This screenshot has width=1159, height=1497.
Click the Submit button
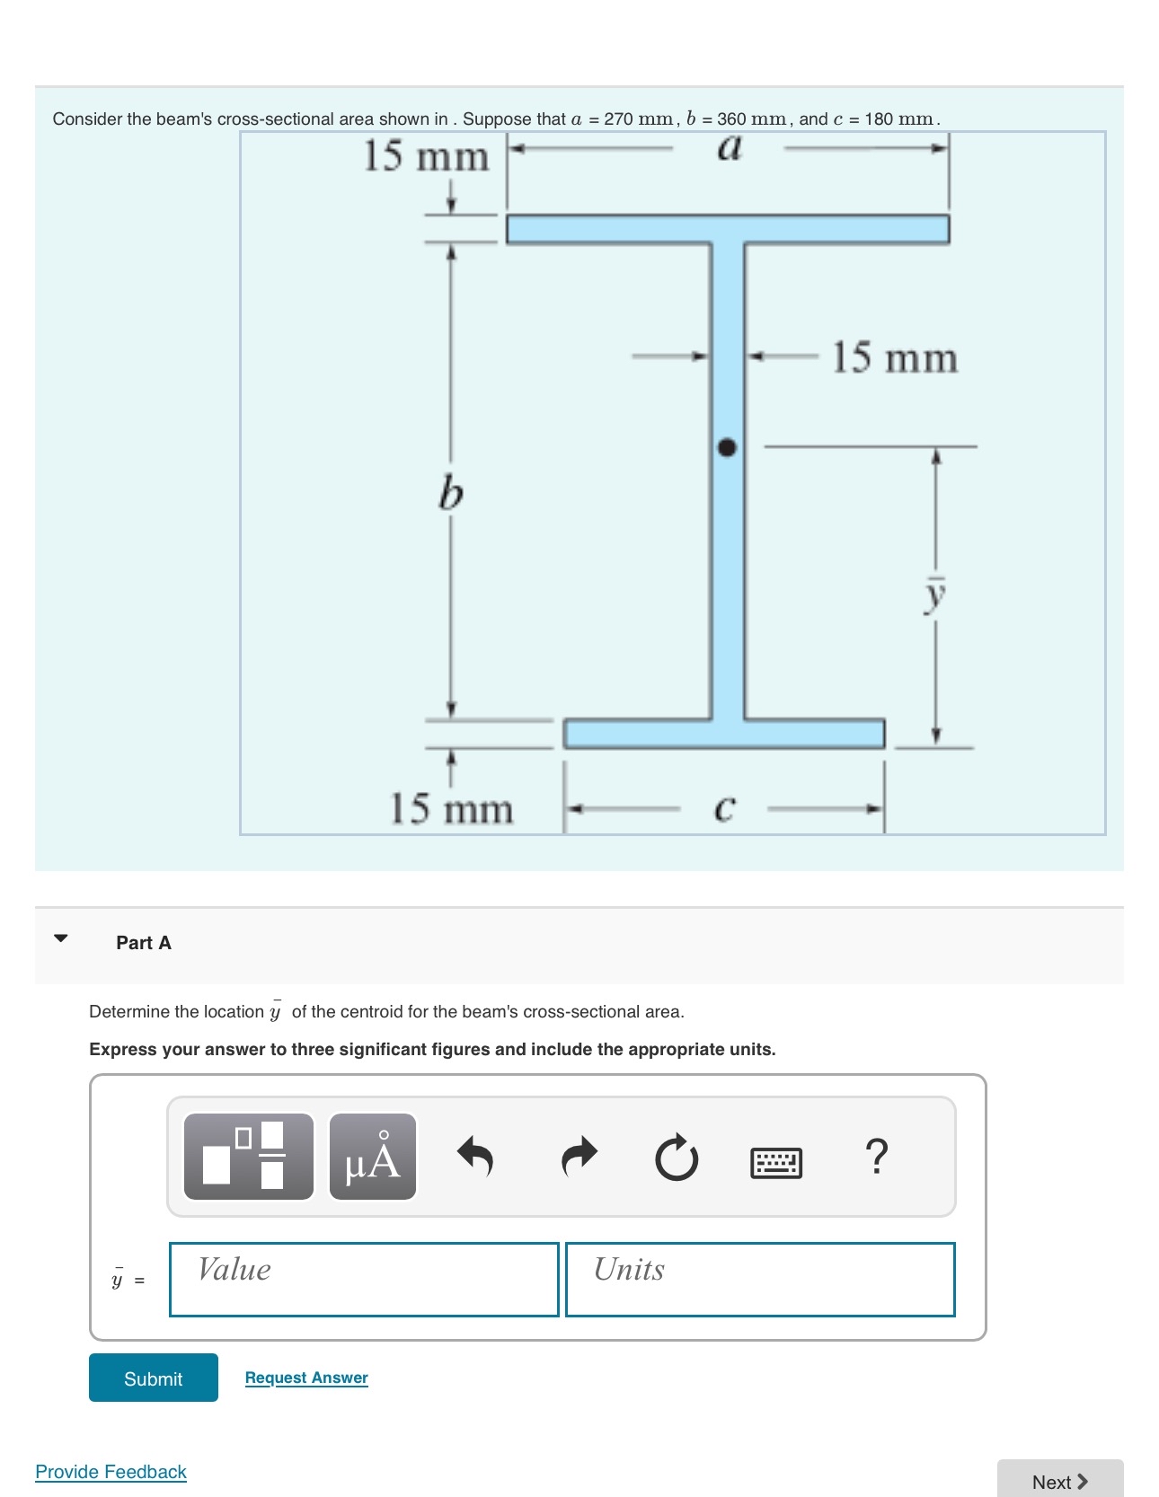153,1378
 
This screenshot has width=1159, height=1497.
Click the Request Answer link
306,1378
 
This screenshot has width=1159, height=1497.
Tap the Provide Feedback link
111,1472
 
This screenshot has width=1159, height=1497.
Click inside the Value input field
364,1280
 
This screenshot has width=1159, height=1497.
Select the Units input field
760,1280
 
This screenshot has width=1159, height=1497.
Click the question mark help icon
876,1157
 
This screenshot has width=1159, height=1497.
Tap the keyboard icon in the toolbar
776,1162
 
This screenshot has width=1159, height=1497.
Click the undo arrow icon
476,1157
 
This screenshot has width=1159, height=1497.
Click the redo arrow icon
579,1157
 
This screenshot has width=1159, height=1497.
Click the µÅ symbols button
373,1157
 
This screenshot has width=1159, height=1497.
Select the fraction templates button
249,1157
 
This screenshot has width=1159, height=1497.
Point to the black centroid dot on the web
727,447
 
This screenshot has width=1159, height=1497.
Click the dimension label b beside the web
451,493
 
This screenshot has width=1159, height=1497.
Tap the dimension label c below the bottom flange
724,808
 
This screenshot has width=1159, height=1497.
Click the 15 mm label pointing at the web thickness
894,357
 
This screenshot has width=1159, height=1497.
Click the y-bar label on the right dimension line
935,594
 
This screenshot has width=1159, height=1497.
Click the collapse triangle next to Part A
60,938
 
